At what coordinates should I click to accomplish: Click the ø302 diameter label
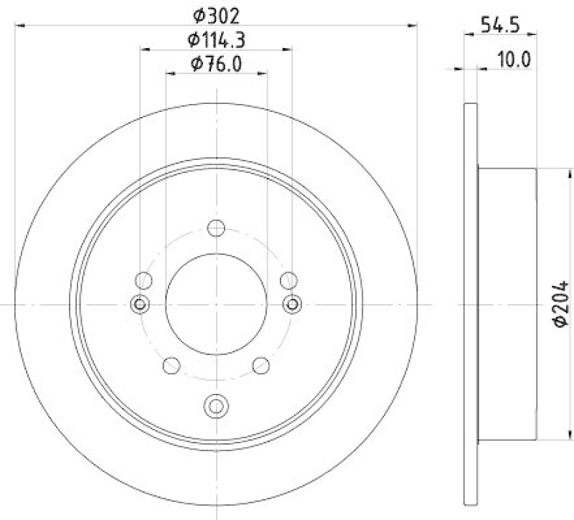(216, 13)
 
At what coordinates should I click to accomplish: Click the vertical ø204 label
(561, 304)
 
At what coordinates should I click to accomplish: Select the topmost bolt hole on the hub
(216, 228)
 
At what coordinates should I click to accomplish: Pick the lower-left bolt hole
(171, 366)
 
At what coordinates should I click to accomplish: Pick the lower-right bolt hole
(261, 366)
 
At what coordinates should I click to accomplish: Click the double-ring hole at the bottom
(216, 406)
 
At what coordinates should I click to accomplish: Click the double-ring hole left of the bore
(140, 304)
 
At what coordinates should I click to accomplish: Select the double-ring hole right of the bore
(292, 304)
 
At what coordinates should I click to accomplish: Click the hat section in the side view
(507, 304)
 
